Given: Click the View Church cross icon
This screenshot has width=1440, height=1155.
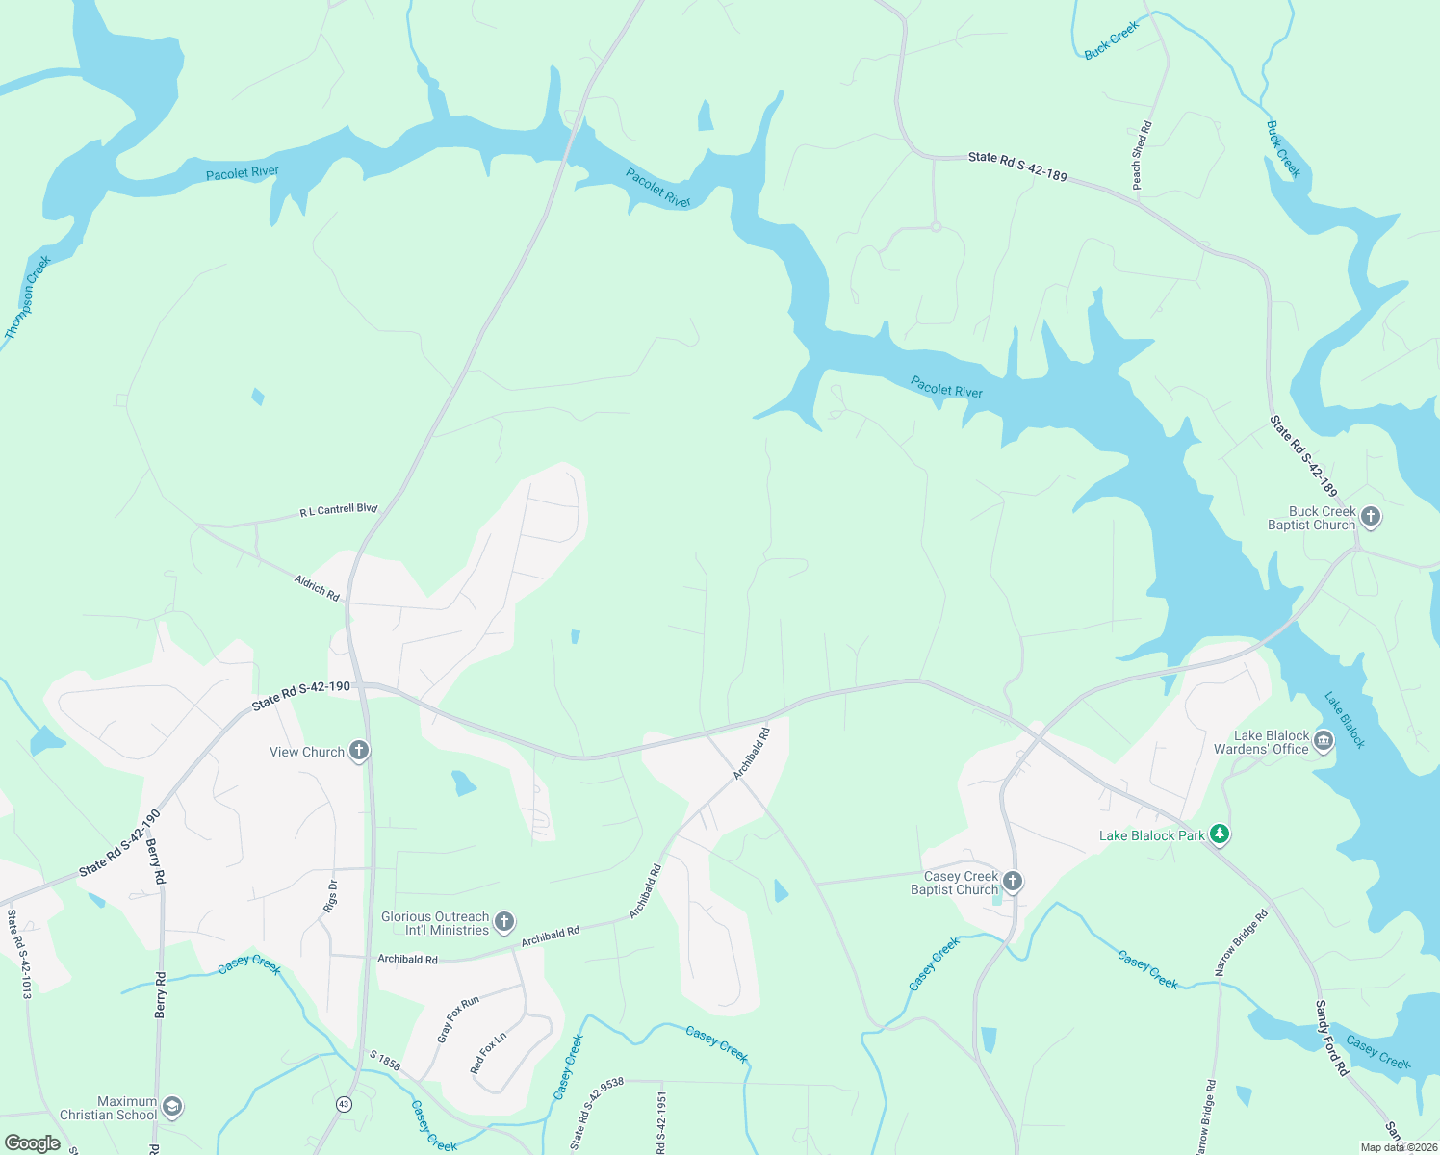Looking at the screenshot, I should click(359, 751).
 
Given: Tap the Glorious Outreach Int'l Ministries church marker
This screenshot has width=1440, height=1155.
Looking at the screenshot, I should click(503, 922).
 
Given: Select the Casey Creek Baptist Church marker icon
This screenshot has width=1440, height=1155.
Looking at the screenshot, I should click(1012, 881).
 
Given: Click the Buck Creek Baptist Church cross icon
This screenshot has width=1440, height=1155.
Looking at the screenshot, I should click(1371, 517).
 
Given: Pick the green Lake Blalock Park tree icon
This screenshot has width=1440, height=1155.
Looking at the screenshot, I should click(1219, 834).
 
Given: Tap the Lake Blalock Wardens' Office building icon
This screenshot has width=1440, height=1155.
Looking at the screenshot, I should click(1323, 740).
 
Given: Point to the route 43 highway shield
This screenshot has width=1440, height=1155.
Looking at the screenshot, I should click(344, 1103).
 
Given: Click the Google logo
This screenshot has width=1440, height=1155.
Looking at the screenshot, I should click(32, 1143).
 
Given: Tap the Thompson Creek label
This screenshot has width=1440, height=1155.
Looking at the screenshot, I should click(27, 297).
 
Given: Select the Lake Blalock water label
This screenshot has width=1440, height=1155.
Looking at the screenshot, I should click(1344, 719).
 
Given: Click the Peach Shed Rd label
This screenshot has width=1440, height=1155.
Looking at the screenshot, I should click(1141, 155).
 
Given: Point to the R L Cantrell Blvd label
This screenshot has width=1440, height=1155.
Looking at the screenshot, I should click(338, 510).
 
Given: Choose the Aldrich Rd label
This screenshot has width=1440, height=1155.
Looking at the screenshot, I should click(317, 587).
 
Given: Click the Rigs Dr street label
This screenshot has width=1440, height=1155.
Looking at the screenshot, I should click(331, 896).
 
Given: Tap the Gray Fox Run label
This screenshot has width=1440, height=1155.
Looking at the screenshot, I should click(458, 1019).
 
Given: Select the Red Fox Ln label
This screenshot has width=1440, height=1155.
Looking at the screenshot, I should click(488, 1053).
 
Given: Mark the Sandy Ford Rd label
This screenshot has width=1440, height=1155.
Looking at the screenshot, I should click(1331, 1038).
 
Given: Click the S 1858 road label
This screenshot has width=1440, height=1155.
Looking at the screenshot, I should click(385, 1062).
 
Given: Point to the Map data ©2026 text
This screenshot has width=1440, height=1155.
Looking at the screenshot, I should click(1399, 1147).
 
